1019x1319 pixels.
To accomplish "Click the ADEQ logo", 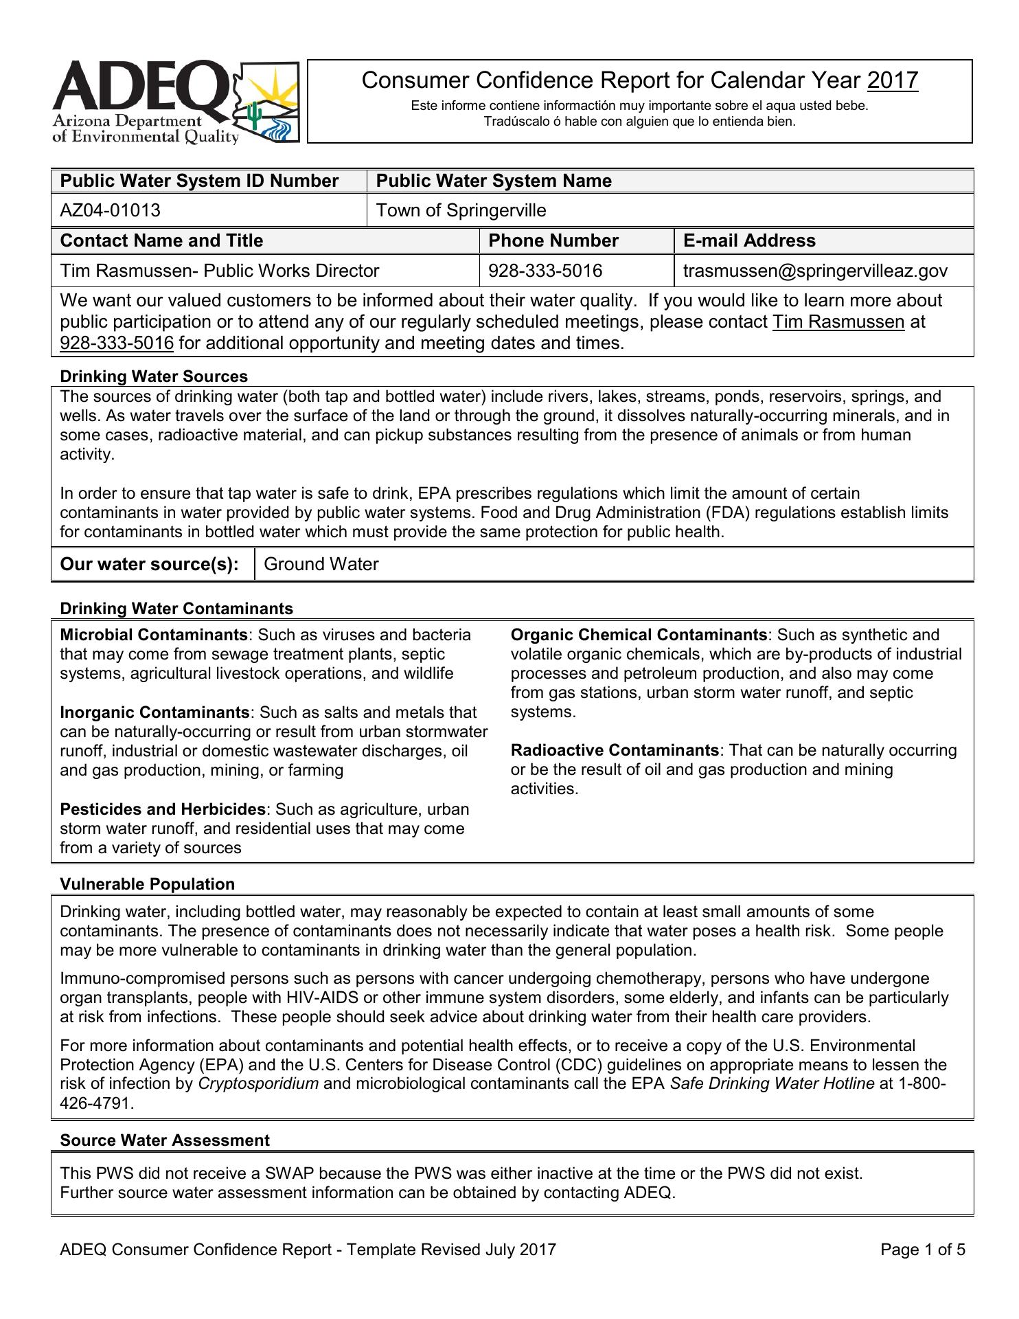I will (x=176, y=102).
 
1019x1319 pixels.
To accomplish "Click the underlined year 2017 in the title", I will (x=893, y=81).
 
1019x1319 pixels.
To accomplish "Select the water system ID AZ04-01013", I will (x=111, y=210).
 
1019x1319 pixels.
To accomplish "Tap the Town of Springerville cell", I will (x=461, y=210).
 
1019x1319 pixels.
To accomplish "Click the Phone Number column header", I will (x=553, y=240).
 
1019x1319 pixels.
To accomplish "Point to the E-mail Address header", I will (x=749, y=240).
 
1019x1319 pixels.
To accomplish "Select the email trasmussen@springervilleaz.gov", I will (x=815, y=271).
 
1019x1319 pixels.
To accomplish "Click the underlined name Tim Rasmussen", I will (x=838, y=322).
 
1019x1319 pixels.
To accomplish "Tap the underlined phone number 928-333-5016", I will (x=117, y=343).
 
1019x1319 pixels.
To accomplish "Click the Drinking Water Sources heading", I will (x=154, y=376).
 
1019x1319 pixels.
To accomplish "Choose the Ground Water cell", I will (x=321, y=564).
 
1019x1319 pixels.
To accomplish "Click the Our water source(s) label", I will (x=150, y=564).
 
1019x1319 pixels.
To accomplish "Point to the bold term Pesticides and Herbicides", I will (x=163, y=809).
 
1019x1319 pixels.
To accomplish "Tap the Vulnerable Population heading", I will (x=148, y=884).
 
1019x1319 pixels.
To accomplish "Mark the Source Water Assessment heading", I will (x=165, y=1140).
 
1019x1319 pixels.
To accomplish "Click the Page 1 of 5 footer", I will (x=923, y=1250).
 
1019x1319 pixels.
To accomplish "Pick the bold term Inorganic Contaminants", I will (x=154, y=712).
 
